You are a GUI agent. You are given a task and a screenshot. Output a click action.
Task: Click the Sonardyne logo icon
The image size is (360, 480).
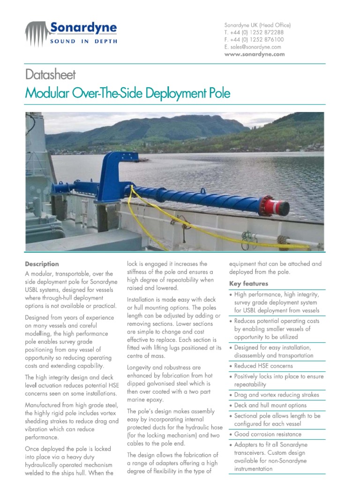37,33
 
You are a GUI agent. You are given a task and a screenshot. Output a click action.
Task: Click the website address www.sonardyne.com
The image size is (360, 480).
255,54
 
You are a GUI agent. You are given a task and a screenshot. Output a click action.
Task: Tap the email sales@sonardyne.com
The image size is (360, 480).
253,47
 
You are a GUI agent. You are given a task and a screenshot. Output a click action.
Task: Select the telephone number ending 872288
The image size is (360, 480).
254,32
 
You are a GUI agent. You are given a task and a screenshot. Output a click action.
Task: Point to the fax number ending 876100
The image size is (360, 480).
254,40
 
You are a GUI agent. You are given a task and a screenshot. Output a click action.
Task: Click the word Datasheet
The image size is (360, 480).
50,75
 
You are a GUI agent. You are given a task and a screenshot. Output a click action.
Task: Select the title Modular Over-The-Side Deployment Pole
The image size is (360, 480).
127,93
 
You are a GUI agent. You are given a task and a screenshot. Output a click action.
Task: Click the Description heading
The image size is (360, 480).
42,264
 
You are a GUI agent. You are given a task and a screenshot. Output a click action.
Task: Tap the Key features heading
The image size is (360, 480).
248,284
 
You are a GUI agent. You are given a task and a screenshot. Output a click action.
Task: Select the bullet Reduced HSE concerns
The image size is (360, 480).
263,366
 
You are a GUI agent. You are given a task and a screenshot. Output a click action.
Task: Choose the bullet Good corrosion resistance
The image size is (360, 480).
268,435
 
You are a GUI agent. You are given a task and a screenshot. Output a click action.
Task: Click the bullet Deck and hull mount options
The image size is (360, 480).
270,405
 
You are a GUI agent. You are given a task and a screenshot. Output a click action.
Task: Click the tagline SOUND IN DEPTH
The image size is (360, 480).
83,41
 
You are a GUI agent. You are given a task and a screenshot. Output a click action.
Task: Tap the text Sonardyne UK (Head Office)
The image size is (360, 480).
257,25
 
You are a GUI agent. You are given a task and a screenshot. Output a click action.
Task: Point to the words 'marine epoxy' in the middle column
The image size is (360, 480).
145,400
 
